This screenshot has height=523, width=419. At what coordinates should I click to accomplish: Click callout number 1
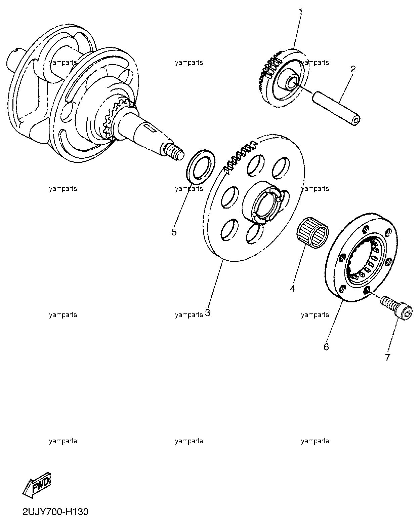point(300,11)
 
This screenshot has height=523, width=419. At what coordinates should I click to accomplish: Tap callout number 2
point(353,69)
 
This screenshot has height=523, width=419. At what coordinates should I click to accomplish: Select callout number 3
point(208,313)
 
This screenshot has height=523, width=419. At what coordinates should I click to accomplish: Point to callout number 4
point(293,289)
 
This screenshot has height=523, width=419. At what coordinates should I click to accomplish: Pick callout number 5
point(174,232)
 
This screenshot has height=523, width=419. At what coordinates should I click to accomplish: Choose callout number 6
point(326,347)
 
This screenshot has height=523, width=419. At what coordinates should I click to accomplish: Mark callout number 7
point(387,357)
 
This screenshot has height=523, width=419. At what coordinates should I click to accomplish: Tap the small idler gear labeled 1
point(283,78)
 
